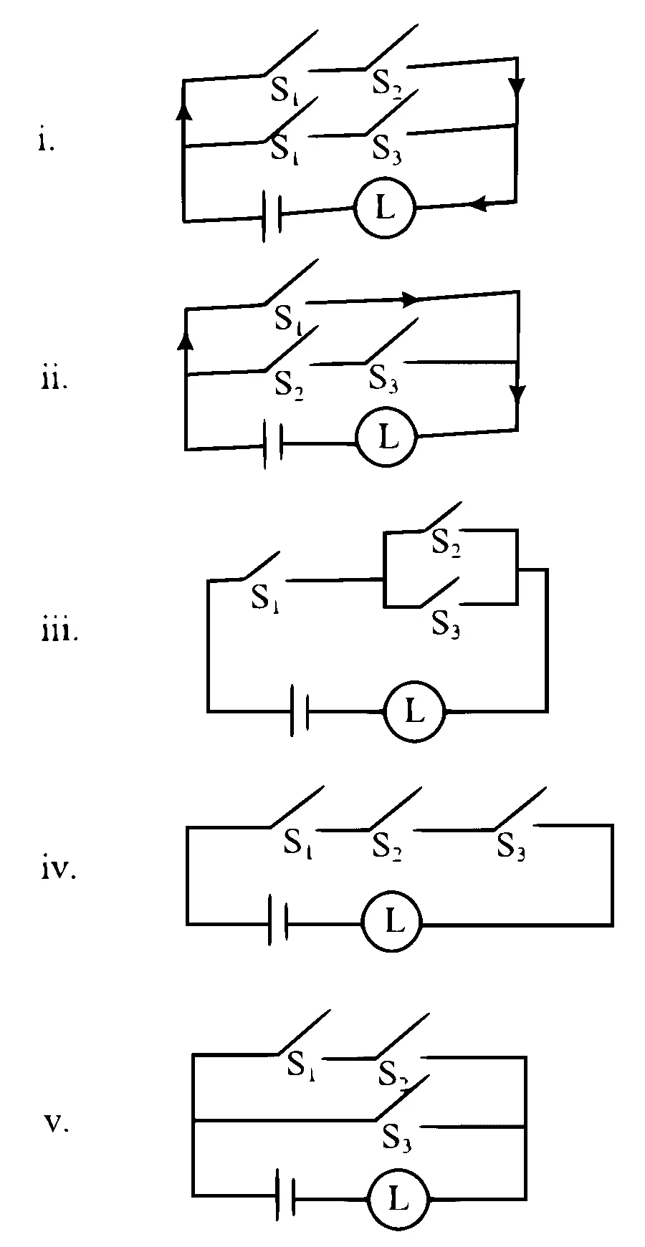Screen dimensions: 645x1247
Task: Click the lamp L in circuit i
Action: [385, 208]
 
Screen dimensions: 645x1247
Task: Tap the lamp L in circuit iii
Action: [414, 712]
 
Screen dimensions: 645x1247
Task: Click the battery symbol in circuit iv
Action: [278, 920]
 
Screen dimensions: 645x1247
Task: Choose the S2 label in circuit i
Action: [386, 83]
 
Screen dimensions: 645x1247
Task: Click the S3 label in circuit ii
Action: [383, 378]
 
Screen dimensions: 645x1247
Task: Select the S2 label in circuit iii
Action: [446, 546]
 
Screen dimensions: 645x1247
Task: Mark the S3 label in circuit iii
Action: [446, 625]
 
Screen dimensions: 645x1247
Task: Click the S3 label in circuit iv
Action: [512, 847]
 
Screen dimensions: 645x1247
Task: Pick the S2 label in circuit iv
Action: [386, 847]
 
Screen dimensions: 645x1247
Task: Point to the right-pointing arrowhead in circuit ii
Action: [408, 299]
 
